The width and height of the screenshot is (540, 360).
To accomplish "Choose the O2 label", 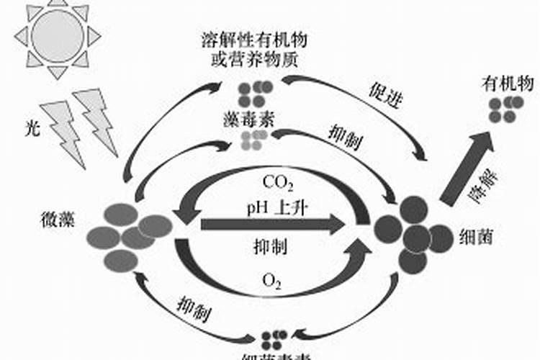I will pos(271,279).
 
